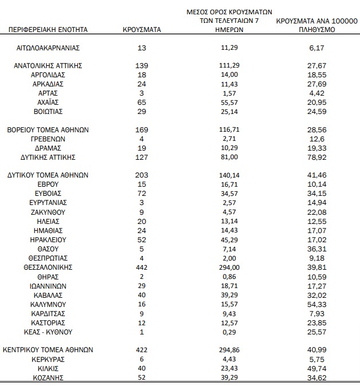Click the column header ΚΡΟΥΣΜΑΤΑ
coord(142,29)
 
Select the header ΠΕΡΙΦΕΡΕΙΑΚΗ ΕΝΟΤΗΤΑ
coord(48,29)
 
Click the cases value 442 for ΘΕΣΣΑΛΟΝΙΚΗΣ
coord(142,267)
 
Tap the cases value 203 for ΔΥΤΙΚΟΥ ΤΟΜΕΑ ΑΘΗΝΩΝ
coord(142,175)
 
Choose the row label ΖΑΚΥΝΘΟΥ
coord(48,212)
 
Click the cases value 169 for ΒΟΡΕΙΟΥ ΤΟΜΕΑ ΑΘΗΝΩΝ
coord(142,129)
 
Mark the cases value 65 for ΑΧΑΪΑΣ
coord(142,101)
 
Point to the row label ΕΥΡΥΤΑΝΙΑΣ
coord(48,202)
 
